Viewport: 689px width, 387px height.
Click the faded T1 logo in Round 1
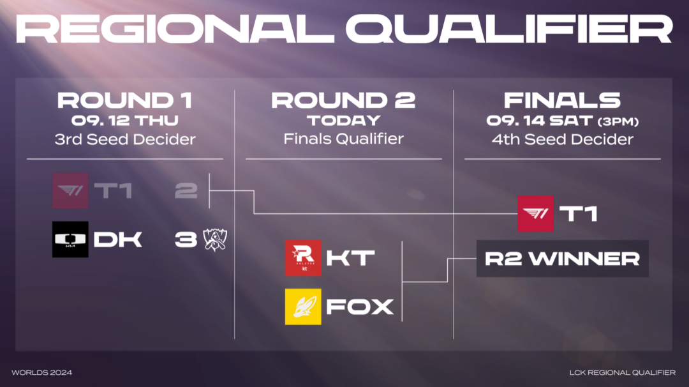point(70,190)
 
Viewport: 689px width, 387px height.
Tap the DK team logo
point(70,239)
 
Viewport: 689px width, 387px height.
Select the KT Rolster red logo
point(303,258)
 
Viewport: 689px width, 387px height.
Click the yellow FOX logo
point(303,307)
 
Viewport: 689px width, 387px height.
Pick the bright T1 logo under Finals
point(535,214)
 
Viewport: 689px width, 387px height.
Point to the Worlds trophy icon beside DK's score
point(215,239)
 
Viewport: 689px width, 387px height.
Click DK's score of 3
point(186,239)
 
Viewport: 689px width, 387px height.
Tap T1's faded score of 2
point(186,191)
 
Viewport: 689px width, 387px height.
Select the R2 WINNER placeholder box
point(563,259)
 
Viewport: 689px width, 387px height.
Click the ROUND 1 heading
point(125,100)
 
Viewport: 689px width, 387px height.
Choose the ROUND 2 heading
point(343,100)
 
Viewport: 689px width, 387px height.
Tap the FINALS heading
point(562,100)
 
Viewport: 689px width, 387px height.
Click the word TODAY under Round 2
point(344,121)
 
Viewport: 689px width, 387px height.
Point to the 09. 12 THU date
point(125,121)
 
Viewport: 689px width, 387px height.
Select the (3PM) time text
point(618,121)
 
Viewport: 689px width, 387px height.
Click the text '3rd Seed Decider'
point(125,139)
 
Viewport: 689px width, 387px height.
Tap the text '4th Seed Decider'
point(563,139)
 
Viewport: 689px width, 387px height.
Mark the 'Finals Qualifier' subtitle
point(344,139)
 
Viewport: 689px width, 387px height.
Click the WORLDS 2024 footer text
point(41,372)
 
